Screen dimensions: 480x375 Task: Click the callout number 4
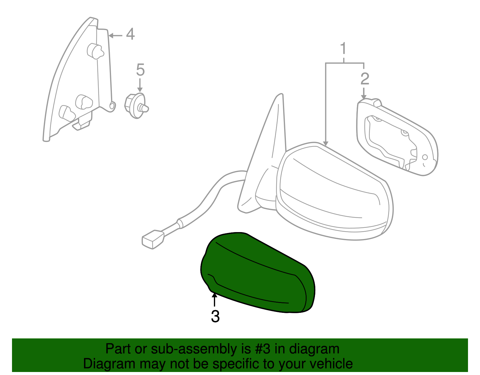click(130, 34)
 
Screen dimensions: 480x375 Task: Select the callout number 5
click(140, 70)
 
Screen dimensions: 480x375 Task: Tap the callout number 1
click(343, 49)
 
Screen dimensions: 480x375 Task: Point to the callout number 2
click(365, 79)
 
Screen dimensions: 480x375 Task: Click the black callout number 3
click(215, 316)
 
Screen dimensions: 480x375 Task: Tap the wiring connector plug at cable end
click(153, 240)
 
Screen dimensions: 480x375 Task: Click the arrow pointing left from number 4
click(115, 35)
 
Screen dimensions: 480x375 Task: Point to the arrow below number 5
click(140, 85)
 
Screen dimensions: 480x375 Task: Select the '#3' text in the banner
click(263, 349)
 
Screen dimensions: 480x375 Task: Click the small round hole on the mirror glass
click(425, 157)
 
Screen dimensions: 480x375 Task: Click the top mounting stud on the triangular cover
click(95, 51)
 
